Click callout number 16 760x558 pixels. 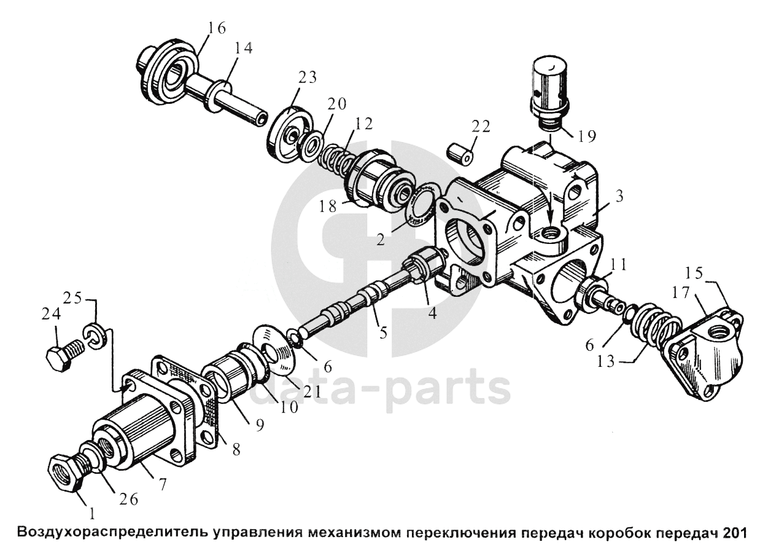coord(217,28)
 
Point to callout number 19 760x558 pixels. coord(586,136)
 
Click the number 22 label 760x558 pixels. coord(481,127)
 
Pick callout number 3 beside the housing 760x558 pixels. coord(619,197)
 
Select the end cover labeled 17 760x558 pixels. coord(706,356)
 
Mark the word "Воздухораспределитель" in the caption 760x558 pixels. coord(114,532)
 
